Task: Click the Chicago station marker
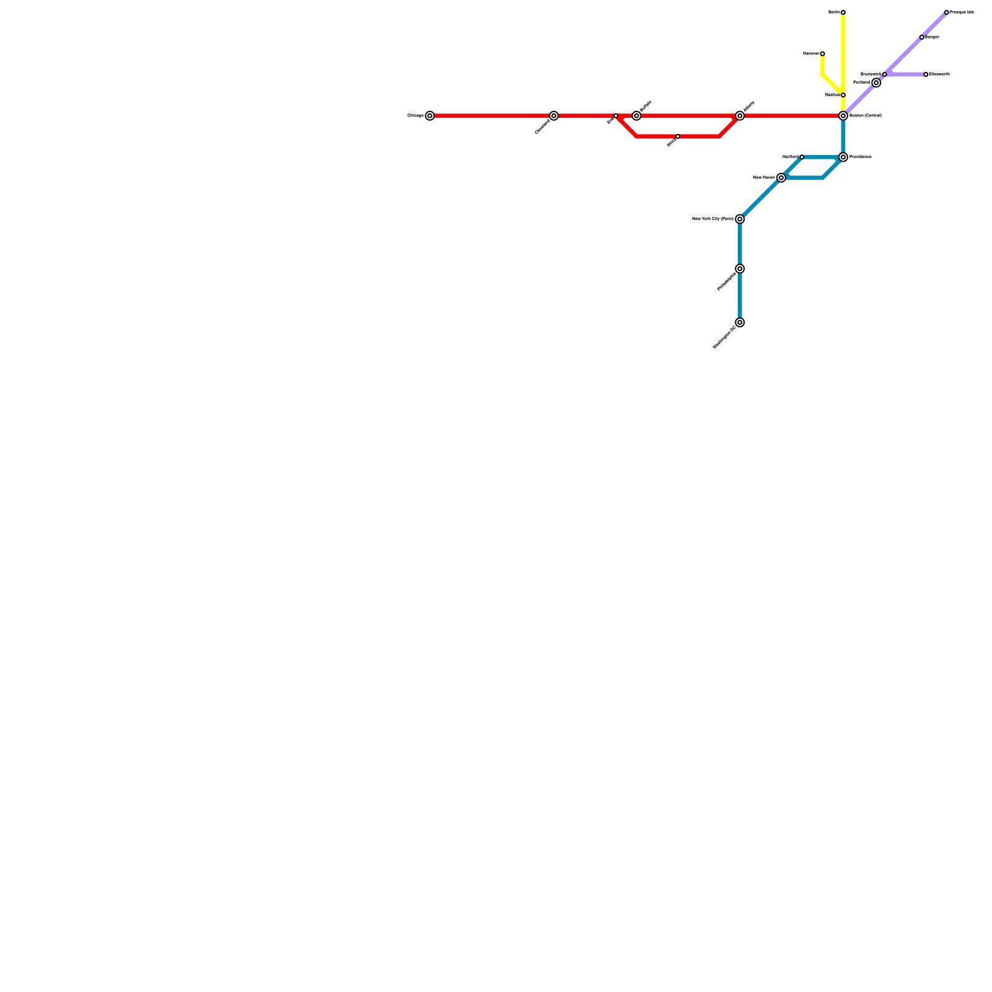430,116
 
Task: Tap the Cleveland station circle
554,116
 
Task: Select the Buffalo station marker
636,116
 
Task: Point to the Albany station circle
740,116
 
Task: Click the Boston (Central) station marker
843,116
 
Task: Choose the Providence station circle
843,157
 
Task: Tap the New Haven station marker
781,178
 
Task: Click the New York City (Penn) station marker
740,219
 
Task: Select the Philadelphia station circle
740,268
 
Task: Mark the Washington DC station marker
740,322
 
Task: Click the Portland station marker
876,82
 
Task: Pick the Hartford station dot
802,157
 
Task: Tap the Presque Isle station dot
946,12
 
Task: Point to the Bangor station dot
921,37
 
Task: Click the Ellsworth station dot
926,74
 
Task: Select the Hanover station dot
822,54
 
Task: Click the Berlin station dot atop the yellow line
843,12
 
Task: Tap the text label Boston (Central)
866,116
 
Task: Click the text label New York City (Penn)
712,219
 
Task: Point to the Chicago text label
415,116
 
